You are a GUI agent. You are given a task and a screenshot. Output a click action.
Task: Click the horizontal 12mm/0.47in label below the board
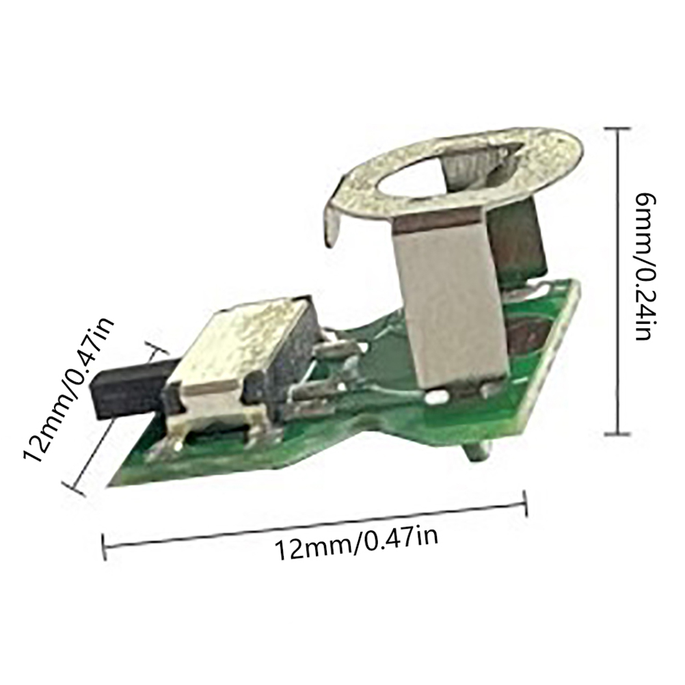click(356, 544)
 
